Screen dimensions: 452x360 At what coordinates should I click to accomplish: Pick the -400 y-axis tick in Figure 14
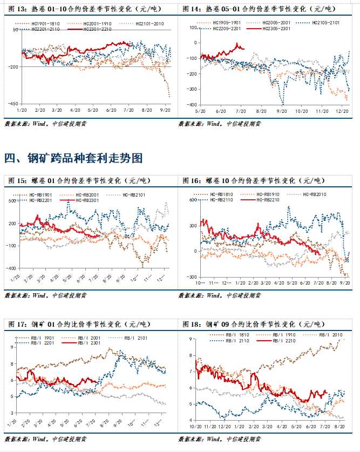[189, 104]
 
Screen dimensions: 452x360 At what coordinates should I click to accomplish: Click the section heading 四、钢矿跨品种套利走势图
[73, 158]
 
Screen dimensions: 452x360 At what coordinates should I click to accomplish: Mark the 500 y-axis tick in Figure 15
[12, 201]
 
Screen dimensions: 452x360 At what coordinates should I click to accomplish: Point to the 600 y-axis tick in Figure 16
[192, 200]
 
